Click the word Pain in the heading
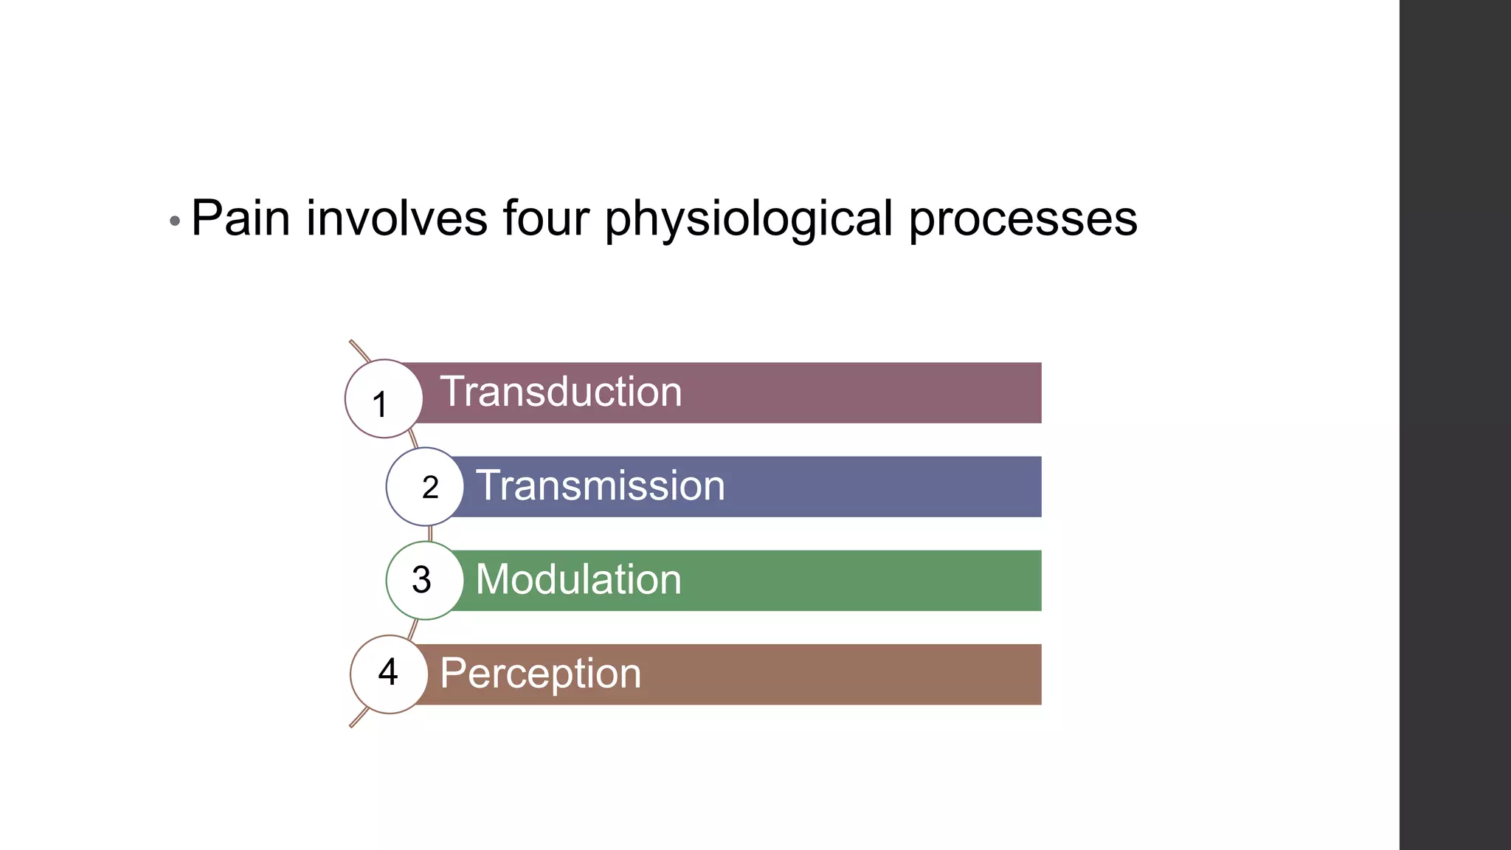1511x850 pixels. pos(241,218)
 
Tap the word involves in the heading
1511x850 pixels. pos(397,218)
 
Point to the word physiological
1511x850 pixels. pos(749,220)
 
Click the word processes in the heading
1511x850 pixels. pos(1023,220)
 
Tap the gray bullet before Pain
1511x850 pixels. pos(175,221)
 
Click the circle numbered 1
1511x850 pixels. pos(384,399)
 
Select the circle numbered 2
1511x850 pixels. pos(425,487)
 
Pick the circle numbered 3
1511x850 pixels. pos(425,581)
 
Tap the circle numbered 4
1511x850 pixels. pos(389,674)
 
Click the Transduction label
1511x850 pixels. pos(561,392)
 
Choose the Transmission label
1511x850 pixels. pos(601,486)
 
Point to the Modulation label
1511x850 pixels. pos(578,579)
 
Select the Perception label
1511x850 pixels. pos(541,674)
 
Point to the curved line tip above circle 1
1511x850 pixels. pos(352,342)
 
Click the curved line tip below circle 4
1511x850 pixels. pos(352,725)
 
